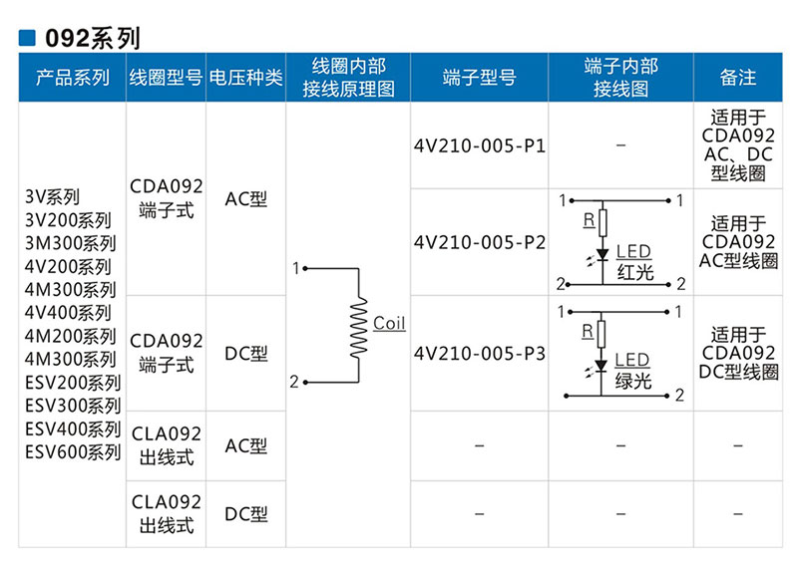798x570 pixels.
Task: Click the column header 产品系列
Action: tap(72, 78)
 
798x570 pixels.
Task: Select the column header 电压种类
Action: tap(245, 78)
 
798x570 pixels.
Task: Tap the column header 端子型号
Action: tap(479, 78)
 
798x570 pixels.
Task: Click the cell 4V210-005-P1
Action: tap(479, 145)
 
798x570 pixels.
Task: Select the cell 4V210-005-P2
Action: tap(479, 242)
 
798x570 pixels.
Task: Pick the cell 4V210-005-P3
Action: tap(479, 354)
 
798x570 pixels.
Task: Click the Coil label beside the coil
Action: tap(389, 323)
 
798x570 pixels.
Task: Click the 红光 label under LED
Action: tap(635, 272)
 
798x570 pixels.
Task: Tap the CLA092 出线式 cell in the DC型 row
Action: tap(166, 514)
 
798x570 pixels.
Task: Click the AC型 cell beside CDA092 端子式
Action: tap(245, 198)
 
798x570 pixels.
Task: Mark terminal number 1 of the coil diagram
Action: tap(295, 268)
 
